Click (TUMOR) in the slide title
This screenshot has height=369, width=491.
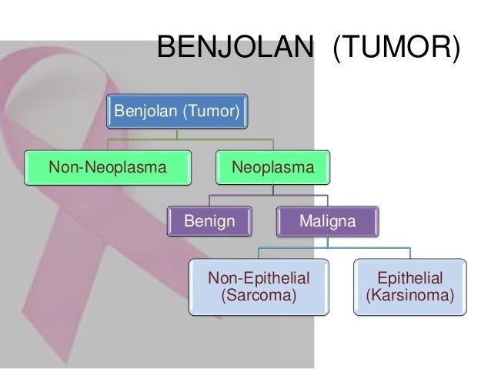click(396, 50)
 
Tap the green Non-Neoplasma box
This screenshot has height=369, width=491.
click(108, 167)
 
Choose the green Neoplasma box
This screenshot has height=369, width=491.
click(274, 167)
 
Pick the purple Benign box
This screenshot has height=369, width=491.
click(209, 222)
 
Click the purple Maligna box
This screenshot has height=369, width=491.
click(328, 222)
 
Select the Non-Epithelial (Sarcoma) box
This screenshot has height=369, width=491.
click(259, 286)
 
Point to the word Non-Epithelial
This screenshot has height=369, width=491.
click(259, 277)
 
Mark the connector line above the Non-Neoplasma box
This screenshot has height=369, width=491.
click(108, 144)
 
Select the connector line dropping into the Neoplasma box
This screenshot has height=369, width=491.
click(274, 144)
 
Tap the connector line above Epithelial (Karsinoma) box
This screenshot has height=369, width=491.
click(410, 253)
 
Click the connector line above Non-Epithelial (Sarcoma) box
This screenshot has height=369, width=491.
click(259, 253)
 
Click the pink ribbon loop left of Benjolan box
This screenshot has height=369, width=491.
click(46, 100)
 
